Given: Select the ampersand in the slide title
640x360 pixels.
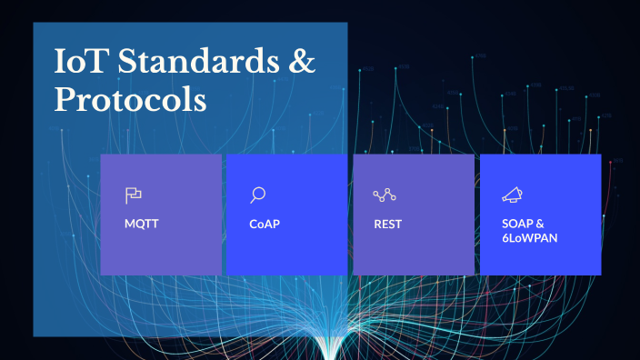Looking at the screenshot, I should pyautogui.click(x=302, y=64).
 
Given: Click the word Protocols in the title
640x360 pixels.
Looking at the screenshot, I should pyautogui.click(x=130, y=100).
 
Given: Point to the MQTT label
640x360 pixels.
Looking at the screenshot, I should pyautogui.click(x=141, y=224).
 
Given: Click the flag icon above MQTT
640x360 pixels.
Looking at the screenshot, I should pyautogui.click(x=134, y=195).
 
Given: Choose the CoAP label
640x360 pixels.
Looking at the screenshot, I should pyautogui.click(x=264, y=224).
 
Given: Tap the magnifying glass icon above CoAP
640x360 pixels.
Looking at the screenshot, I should pyautogui.click(x=258, y=195).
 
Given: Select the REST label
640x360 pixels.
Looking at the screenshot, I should pyautogui.click(x=387, y=224).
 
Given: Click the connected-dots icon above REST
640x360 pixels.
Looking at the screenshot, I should pyautogui.click(x=385, y=195).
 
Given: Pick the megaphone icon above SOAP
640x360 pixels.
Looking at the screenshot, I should pyautogui.click(x=511, y=195).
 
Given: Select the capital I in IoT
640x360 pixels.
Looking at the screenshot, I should pyautogui.click(x=60, y=64).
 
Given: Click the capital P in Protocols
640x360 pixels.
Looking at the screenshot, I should pyautogui.click(x=65, y=100).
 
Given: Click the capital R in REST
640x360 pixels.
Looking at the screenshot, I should pyautogui.click(x=377, y=224).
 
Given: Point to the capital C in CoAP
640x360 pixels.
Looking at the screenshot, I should pyautogui.click(x=254, y=224).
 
